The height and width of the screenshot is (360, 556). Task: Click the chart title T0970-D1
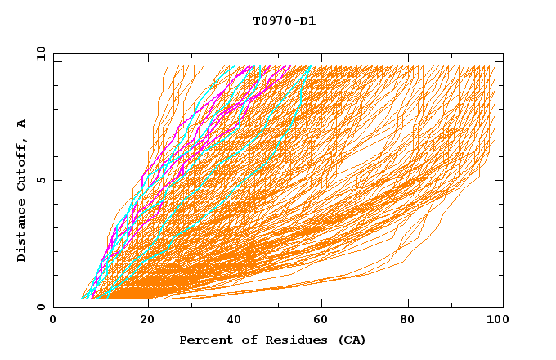(x=284, y=20)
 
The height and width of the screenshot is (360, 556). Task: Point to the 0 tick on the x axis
(x=54, y=322)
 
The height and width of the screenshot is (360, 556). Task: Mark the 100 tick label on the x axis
(x=495, y=322)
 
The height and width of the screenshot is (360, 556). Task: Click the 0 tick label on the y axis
(x=41, y=308)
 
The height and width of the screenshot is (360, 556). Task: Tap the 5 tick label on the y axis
(x=41, y=180)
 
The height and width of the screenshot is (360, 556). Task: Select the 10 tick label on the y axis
(x=38, y=53)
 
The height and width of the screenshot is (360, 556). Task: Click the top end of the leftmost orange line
(x=168, y=66)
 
